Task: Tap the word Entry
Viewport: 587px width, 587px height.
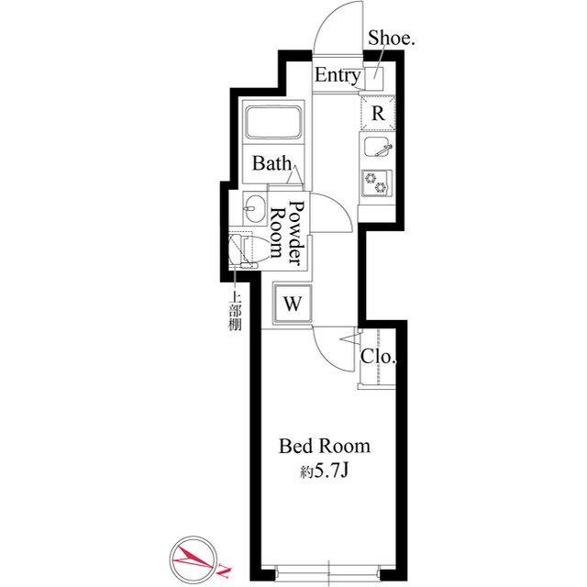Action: pos(337,76)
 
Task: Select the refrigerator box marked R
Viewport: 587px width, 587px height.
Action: pos(378,114)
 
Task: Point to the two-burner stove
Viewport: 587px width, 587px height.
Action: pos(377,182)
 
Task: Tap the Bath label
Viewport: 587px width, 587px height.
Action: pos(271,164)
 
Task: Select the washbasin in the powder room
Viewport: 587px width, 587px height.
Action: pos(254,207)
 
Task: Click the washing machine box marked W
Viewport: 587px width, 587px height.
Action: pos(293,303)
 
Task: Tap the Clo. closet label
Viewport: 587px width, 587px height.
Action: pos(377,357)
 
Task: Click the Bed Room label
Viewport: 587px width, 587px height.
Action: pos(324,447)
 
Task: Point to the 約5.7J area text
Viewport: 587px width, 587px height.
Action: pos(323,474)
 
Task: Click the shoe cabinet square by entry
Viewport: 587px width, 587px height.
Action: pos(374,77)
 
